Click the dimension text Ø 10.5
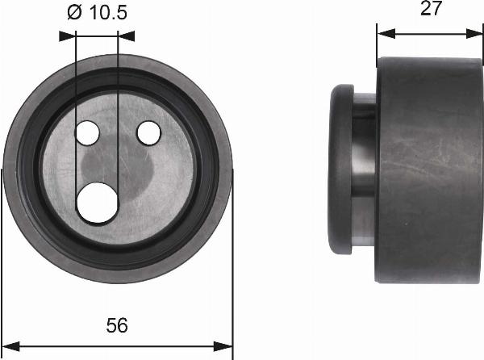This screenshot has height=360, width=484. tap(97, 12)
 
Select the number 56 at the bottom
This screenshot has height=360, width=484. tap(117, 325)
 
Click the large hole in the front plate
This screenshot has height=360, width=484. tap(97, 201)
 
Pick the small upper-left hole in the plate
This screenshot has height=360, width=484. tap(86, 132)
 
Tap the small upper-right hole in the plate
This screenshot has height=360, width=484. tap(148, 132)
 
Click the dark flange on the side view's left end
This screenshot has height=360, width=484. tap(342, 170)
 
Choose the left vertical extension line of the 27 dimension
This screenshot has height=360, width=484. tap(378, 44)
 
